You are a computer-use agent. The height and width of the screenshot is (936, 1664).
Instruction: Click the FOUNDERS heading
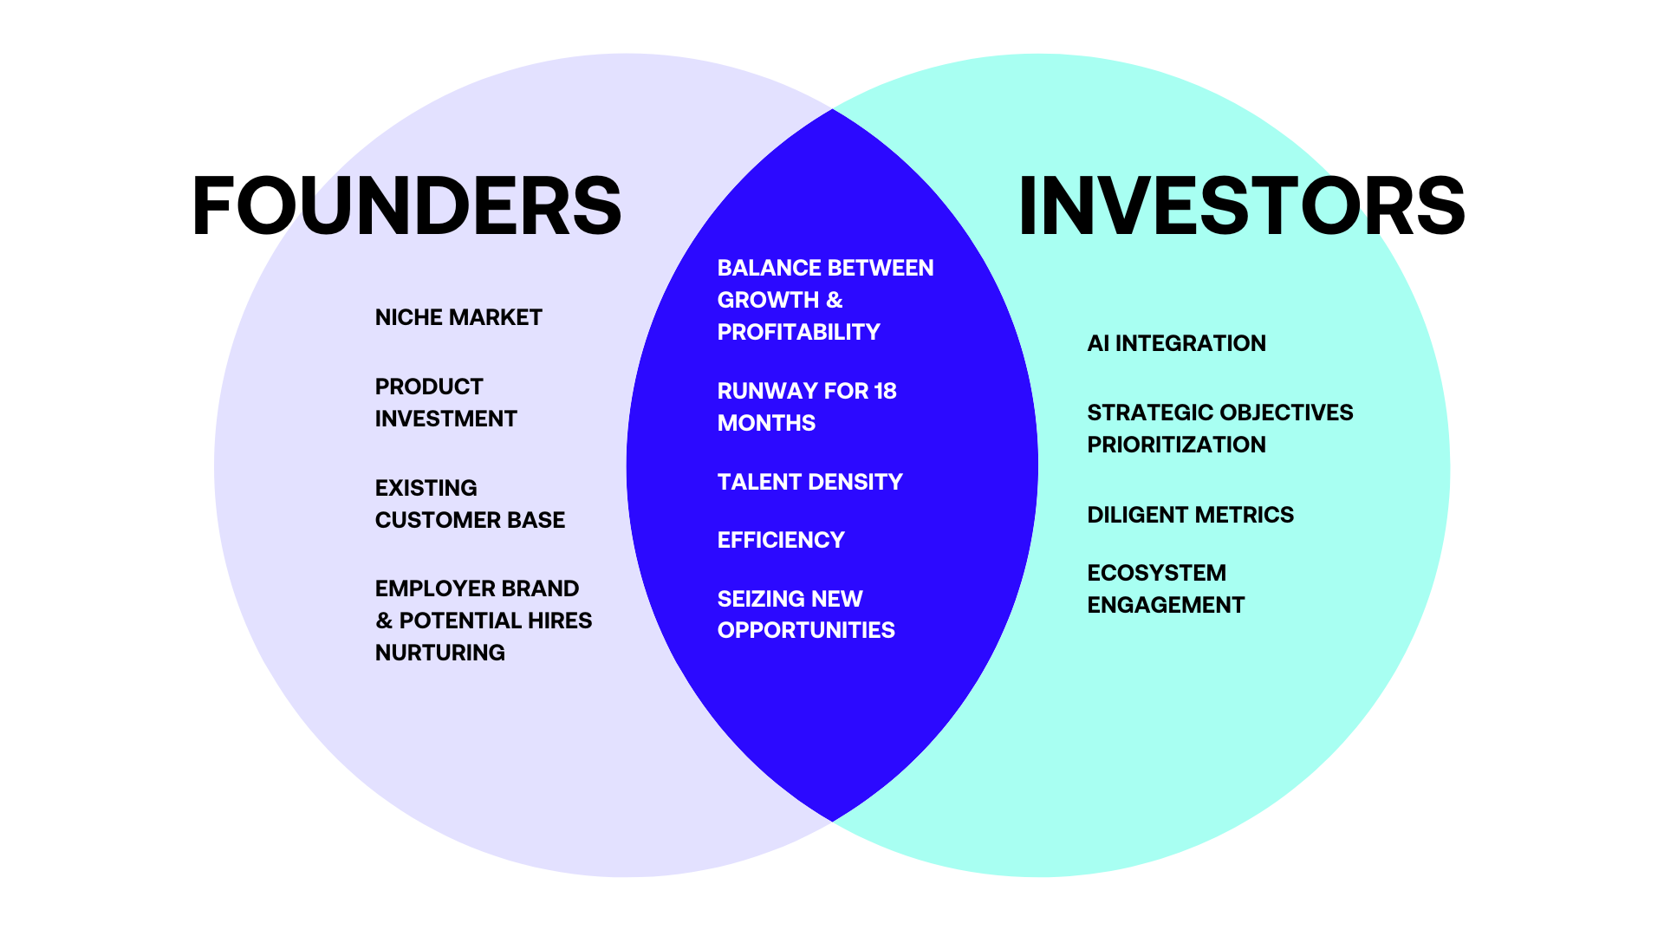tap(406, 206)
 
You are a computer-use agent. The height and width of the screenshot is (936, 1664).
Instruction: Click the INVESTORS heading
tap(1241, 206)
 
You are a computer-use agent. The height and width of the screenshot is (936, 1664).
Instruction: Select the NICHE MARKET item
tap(458, 317)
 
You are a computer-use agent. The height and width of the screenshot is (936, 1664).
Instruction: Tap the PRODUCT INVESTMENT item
tap(445, 403)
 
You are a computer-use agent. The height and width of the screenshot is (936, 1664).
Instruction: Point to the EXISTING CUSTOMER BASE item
tap(470, 504)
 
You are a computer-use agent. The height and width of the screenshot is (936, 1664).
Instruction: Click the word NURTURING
tap(439, 653)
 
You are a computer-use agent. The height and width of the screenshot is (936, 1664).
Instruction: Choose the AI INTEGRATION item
tap(1176, 343)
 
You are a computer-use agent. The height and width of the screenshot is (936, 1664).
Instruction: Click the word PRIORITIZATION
tap(1176, 445)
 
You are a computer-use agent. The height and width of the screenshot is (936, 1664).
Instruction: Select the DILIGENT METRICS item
tap(1190, 515)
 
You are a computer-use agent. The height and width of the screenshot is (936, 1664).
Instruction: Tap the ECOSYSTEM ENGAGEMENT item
tap(1166, 588)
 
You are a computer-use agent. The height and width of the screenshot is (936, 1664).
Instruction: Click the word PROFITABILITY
tap(798, 332)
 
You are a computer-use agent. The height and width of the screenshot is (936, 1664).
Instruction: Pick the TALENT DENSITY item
tap(809, 482)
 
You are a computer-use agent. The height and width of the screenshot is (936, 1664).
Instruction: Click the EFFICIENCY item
tap(781, 540)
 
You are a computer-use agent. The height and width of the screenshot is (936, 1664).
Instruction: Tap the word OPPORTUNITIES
tap(806, 630)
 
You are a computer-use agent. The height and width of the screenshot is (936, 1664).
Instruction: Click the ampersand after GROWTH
tap(834, 300)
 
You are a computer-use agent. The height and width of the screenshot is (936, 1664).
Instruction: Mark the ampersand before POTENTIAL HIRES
tap(384, 621)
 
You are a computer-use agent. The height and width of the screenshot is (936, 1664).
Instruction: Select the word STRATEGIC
tap(1138, 413)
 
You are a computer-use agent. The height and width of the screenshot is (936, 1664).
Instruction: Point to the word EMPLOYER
tap(424, 588)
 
